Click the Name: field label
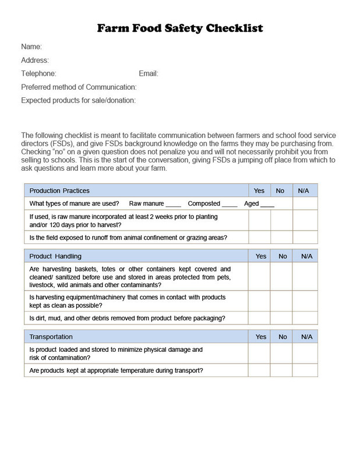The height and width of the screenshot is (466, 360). click(31, 47)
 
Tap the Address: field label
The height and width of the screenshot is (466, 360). click(35, 60)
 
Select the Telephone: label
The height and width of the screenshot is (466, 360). click(38, 74)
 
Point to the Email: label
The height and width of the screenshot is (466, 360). click(149, 74)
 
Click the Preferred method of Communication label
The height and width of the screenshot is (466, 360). click(79, 87)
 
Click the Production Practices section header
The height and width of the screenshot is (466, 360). click(59, 190)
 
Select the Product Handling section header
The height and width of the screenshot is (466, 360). click(55, 256)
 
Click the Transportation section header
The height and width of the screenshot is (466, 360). click(51, 337)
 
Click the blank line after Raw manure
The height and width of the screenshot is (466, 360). click(174, 204)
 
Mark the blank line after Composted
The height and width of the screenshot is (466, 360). click(230, 204)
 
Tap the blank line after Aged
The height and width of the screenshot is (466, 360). click(267, 204)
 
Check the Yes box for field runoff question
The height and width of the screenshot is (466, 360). click(260, 238)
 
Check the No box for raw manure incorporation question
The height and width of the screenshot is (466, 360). click(281, 221)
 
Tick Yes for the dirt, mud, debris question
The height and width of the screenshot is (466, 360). click(260, 318)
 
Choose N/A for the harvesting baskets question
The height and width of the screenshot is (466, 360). click(305, 277)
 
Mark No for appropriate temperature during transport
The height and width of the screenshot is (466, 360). click(281, 370)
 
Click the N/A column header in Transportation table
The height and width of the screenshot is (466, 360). click(305, 337)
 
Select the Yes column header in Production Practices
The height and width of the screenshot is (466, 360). click(260, 190)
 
